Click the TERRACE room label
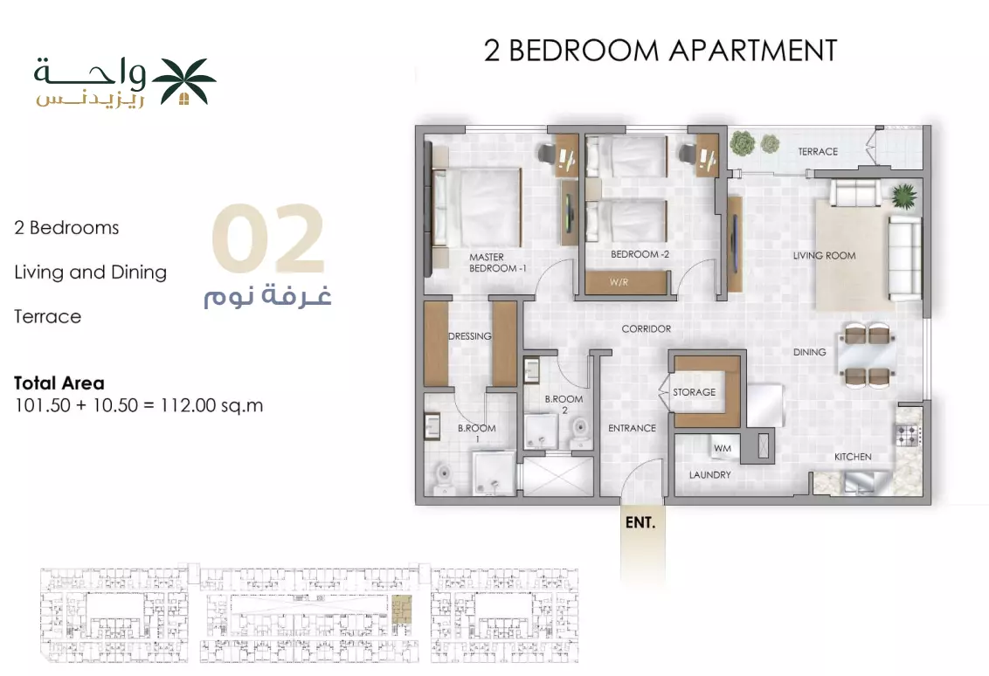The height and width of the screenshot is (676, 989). point(818,151)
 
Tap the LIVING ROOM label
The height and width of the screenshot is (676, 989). point(825,255)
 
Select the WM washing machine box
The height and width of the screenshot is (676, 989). point(723,448)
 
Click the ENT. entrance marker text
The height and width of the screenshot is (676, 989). point(640,523)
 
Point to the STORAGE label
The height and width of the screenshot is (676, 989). point(694,392)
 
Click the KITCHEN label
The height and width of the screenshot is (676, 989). point(853,457)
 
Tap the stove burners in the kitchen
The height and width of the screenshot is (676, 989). point(908,434)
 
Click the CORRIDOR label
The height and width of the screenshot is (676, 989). point(646,328)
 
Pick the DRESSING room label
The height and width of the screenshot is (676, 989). point(470,336)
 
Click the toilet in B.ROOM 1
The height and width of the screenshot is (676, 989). point(445,478)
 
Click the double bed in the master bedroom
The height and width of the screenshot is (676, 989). point(476,208)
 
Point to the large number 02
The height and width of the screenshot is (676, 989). point(268,238)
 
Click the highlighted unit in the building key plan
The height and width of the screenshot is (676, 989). point(401,610)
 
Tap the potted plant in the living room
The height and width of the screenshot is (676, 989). point(904,197)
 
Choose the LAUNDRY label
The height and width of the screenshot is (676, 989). point(709,475)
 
